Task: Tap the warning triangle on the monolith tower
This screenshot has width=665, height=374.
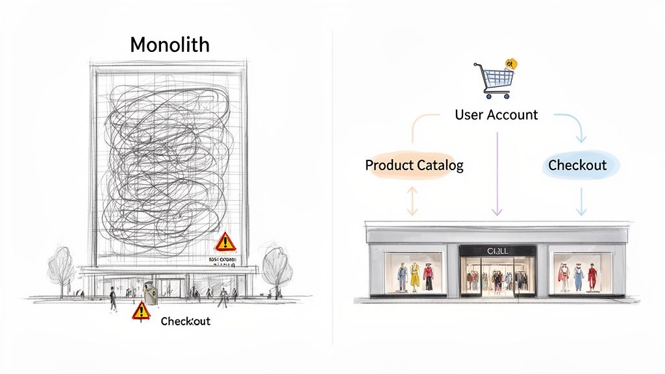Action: [x=225, y=242]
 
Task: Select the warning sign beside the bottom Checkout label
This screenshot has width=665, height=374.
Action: [x=141, y=311]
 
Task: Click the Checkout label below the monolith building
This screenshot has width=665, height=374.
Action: [x=185, y=321]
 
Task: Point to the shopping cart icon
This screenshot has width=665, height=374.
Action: [x=496, y=80]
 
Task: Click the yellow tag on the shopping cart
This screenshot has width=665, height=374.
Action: [x=512, y=63]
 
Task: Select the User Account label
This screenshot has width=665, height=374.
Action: [x=496, y=115]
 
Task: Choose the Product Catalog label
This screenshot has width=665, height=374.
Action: [x=414, y=165]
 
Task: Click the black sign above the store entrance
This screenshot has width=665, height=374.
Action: [x=497, y=251]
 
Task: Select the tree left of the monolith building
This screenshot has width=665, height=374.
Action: [x=62, y=266]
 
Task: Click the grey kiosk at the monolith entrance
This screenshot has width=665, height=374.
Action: [x=151, y=294]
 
